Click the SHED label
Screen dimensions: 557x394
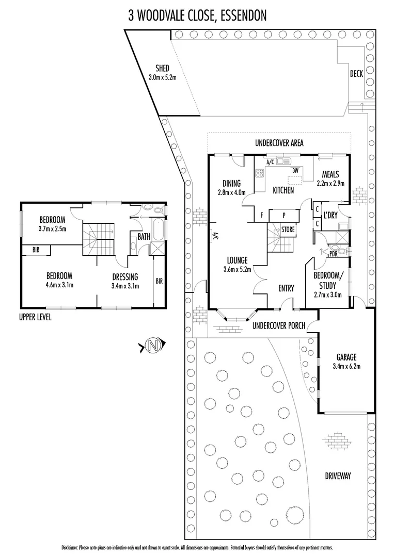click(x=162, y=69)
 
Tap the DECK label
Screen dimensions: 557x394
click(x=356, y=74)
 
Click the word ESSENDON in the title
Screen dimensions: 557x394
click(x=243, y=17)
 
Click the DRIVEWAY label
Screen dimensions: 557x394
click(x=338, y=476)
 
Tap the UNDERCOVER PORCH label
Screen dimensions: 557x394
click(x=279, y=326)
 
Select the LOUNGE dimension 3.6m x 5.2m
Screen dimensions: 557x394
click(x=237, y=269)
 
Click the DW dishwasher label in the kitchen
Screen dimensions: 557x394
click(x=295, y=170)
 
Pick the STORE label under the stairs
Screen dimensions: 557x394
click(x=288, y=229)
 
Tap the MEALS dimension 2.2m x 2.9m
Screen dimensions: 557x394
click(x=330, y=183)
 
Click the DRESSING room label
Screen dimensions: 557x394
click(x=124, y=277)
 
